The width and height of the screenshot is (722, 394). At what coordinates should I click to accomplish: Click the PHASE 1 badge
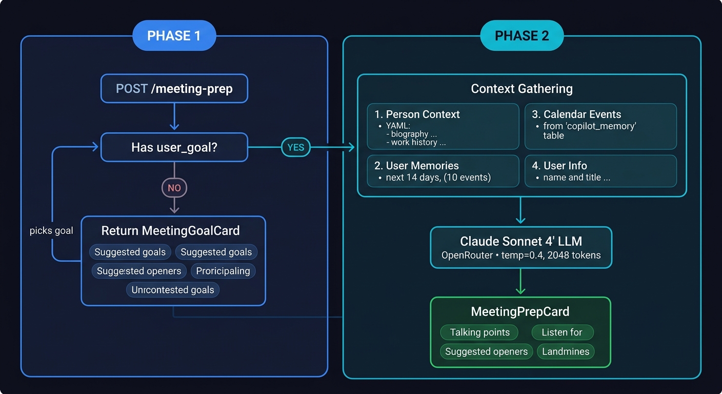(x=174, y=35)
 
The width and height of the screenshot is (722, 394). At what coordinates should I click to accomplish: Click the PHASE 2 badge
(x=522, y=35)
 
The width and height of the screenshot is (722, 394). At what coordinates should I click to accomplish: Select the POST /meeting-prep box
(x=174, y=89)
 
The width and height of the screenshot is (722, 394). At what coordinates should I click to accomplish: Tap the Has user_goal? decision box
(x=174, y=147)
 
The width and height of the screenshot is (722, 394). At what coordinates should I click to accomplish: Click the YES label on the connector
(x=295, y=148)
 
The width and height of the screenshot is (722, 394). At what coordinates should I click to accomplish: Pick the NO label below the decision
(x=174, y=188)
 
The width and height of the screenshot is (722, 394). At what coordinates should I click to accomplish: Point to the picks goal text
(x=51, y=231)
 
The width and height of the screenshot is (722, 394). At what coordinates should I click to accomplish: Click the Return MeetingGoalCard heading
(x=170, y=231)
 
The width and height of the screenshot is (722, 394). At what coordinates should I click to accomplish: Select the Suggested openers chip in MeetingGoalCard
(x=139, y=271)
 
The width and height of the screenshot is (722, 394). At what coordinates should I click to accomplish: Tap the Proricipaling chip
(x=223, y=271)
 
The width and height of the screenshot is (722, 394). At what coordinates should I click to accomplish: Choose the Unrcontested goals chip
(x=173, y=290)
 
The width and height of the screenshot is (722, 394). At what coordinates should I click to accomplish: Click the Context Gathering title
(x=522, y=89)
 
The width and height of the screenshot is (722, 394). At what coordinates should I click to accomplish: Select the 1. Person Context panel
(x=443, y=127)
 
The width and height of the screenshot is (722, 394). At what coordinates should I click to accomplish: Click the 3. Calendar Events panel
(x=600, y=127)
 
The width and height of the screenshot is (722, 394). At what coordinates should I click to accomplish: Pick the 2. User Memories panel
(x=443, y=171)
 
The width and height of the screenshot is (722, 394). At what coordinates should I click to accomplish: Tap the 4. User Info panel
(x=600, y=171)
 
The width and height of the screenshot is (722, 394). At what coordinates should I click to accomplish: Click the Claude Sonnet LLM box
(x=521, y=247)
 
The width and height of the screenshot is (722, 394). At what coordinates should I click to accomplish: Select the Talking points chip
(x=479, y=332)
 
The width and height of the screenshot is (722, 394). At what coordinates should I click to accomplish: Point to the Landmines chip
(x=566, y=351)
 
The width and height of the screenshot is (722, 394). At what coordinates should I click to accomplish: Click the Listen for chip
(x=562, y=332)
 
